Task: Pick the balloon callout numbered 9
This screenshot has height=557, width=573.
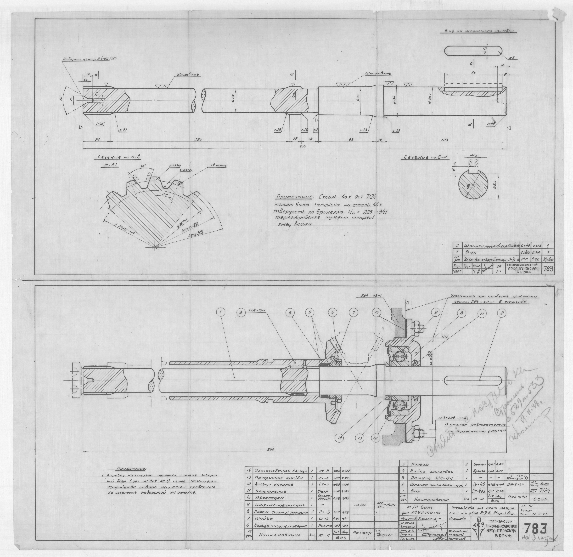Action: (x=436, y=313)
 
